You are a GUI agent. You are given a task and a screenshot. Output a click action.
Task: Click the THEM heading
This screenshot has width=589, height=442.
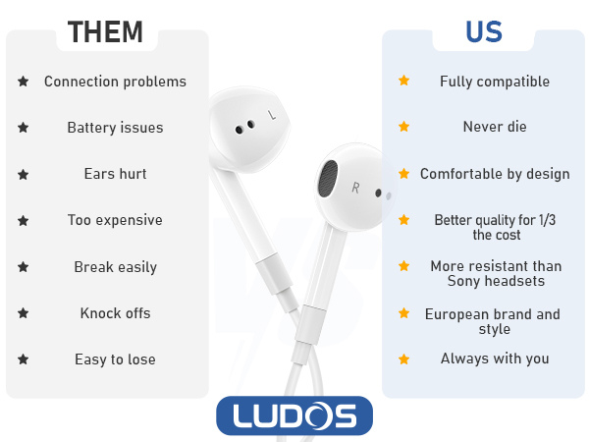click(107, 31)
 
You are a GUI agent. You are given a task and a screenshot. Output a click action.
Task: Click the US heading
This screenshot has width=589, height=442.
click(483, 31)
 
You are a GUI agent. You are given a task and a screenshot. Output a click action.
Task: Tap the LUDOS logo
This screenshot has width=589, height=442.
click(294, 415)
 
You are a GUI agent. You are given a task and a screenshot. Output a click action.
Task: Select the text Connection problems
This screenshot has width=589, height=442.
click(115, 82)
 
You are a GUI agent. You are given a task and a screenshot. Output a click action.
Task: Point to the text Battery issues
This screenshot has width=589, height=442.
click(115, 128)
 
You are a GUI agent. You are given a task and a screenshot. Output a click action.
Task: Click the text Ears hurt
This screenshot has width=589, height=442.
click(115, 174)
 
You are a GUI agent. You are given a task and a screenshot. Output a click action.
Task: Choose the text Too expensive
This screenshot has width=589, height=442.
click(115, 220)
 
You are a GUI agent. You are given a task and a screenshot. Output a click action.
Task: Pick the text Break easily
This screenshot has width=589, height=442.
click(115, 267)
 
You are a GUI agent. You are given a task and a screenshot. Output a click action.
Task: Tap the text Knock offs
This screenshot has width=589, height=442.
click(115, 313)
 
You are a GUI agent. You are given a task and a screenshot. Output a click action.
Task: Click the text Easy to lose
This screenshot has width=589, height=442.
click(115, 359)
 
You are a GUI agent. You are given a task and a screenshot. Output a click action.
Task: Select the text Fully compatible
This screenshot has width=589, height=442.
click(494, 82)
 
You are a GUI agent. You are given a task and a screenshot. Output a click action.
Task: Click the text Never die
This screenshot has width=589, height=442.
click(494, 127)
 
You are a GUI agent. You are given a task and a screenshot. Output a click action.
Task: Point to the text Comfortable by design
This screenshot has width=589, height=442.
click(494, 174)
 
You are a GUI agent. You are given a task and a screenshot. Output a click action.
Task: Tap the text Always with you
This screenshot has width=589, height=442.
click(494, 359)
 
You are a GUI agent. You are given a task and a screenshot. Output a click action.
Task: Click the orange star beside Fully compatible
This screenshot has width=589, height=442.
click(403, 82)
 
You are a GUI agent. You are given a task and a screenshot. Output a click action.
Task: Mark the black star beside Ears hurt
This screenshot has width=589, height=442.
click(23, 174)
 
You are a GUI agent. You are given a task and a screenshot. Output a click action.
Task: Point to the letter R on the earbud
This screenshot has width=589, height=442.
click(355, 187)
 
